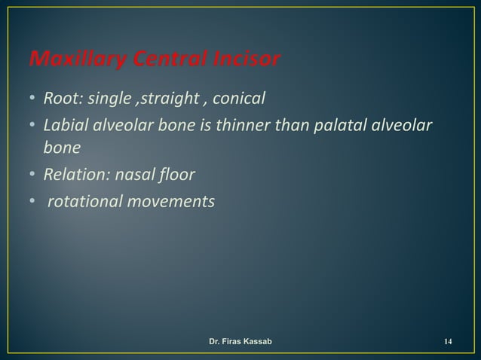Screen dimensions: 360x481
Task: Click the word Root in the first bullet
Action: point(60,98)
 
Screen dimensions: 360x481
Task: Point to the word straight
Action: point(161,98)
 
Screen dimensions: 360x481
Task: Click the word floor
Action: point(176,175)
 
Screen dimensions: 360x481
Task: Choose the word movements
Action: point(170,202)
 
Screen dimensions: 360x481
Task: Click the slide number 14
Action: point(448,343)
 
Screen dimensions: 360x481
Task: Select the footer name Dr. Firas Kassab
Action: point(240,343)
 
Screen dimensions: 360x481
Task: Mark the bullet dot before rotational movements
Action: point(33,202)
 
